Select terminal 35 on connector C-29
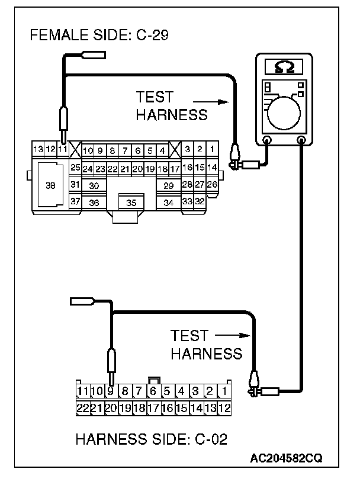pos(131,203)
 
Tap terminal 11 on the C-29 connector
pos(62,149)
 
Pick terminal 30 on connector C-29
pos(94,185)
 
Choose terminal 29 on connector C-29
pos(168,185)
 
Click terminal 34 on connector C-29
pos(168,203)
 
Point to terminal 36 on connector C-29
pos(94,203)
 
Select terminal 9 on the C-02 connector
pos(110,391)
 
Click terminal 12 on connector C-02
pos(224,407)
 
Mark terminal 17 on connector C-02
pos(153,407)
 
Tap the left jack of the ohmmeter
pos(267,141)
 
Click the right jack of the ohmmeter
pos(301,141)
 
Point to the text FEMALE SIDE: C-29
pos(99,36)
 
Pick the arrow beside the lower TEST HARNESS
pos(230,336)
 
